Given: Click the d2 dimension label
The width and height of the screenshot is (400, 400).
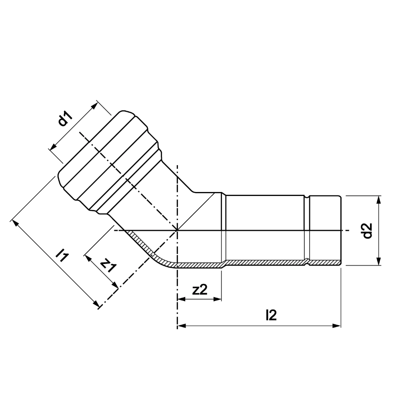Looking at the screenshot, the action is (367, 231).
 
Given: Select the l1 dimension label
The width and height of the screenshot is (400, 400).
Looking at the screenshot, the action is (62, 256).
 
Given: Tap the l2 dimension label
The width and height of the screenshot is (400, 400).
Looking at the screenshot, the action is (271, 315).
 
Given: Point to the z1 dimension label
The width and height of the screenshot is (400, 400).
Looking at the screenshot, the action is (108, 265).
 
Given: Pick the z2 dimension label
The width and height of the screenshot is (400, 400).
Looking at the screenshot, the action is (200, 290).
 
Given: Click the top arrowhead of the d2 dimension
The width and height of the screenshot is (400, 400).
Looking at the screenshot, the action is (378, 200).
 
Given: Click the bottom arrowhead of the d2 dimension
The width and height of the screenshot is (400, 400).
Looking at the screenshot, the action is (378, 261).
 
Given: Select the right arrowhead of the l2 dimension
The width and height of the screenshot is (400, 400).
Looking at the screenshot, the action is (337, 326).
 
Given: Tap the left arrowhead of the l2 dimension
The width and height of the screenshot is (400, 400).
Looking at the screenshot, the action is (181, 326).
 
